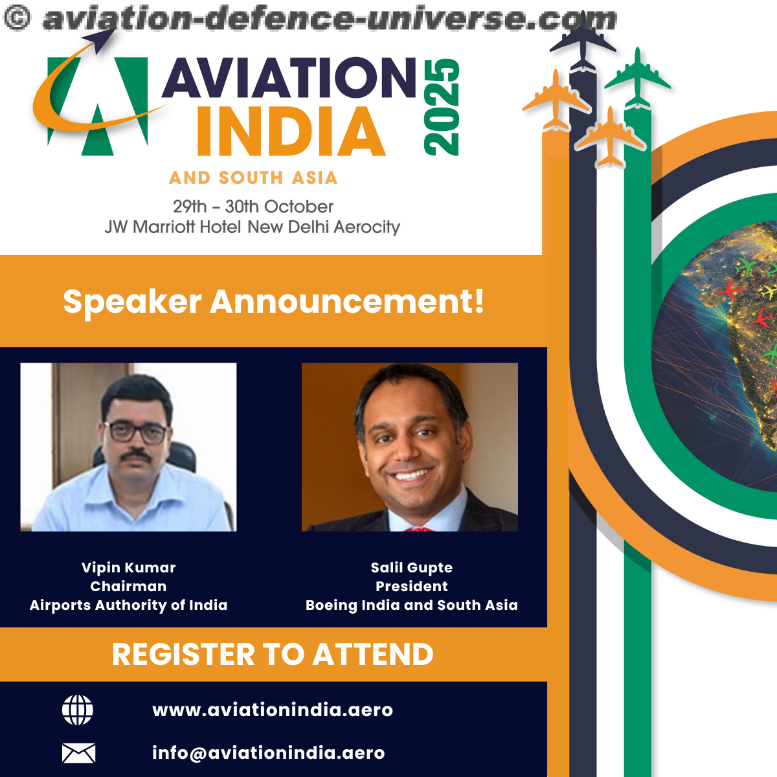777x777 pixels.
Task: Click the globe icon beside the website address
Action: [x=78, y=710]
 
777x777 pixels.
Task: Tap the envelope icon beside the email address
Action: [x=78, y=753]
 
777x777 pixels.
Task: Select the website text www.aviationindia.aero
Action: [x=273, y=710]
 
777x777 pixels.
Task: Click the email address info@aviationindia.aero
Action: [x=269, y=753]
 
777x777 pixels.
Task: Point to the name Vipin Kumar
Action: [x=129, y=568]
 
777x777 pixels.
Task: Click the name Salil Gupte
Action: [x=412, y=568]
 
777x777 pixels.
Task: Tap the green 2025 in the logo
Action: [x=442, y=107]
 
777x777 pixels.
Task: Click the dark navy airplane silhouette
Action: [x=583, y=47]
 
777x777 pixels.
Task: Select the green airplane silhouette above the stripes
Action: [x=638, y=78]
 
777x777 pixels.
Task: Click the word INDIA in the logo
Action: [x=291, y=131]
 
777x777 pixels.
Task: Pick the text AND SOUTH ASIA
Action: [x=253, y=178]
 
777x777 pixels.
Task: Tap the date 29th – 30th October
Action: [x=253, y=207]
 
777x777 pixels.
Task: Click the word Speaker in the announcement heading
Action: [x=132, y=302]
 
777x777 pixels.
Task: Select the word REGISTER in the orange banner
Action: [x=183, y=655]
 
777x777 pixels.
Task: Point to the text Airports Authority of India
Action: [x=129, y=605]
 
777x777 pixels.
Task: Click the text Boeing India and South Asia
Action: [x=412, y=605]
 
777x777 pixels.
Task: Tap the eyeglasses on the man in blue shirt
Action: [x=136, y=433]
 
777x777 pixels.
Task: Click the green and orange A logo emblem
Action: [x=96, y=95]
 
